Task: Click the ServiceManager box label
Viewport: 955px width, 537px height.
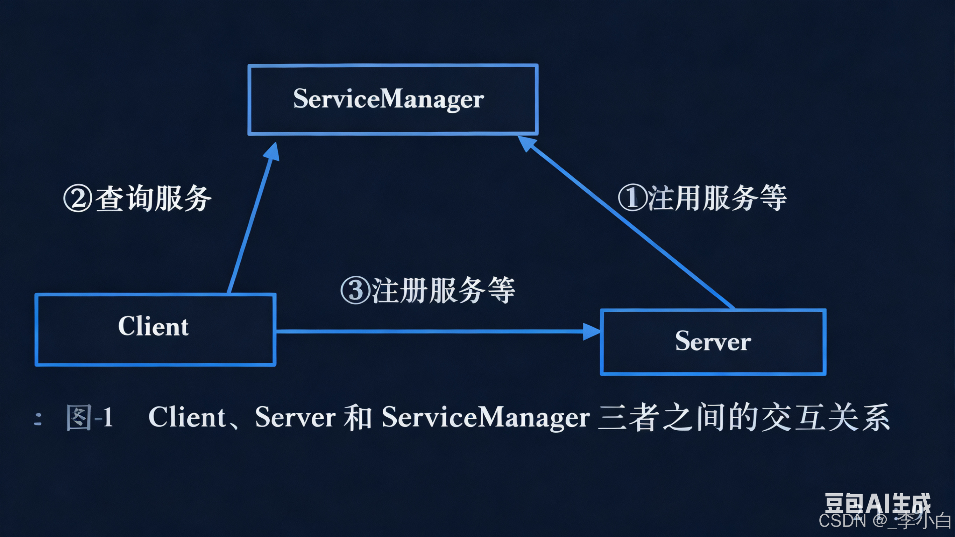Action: point(389,99)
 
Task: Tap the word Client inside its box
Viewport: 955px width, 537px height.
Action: point(153,326)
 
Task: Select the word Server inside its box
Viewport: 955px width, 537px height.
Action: point(713,341)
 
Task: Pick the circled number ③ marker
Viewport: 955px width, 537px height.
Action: point(355,291)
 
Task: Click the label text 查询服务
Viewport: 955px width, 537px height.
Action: point(153,199)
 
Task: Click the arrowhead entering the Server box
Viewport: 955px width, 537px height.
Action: point(591,332)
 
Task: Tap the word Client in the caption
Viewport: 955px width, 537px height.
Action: point(187,417)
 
